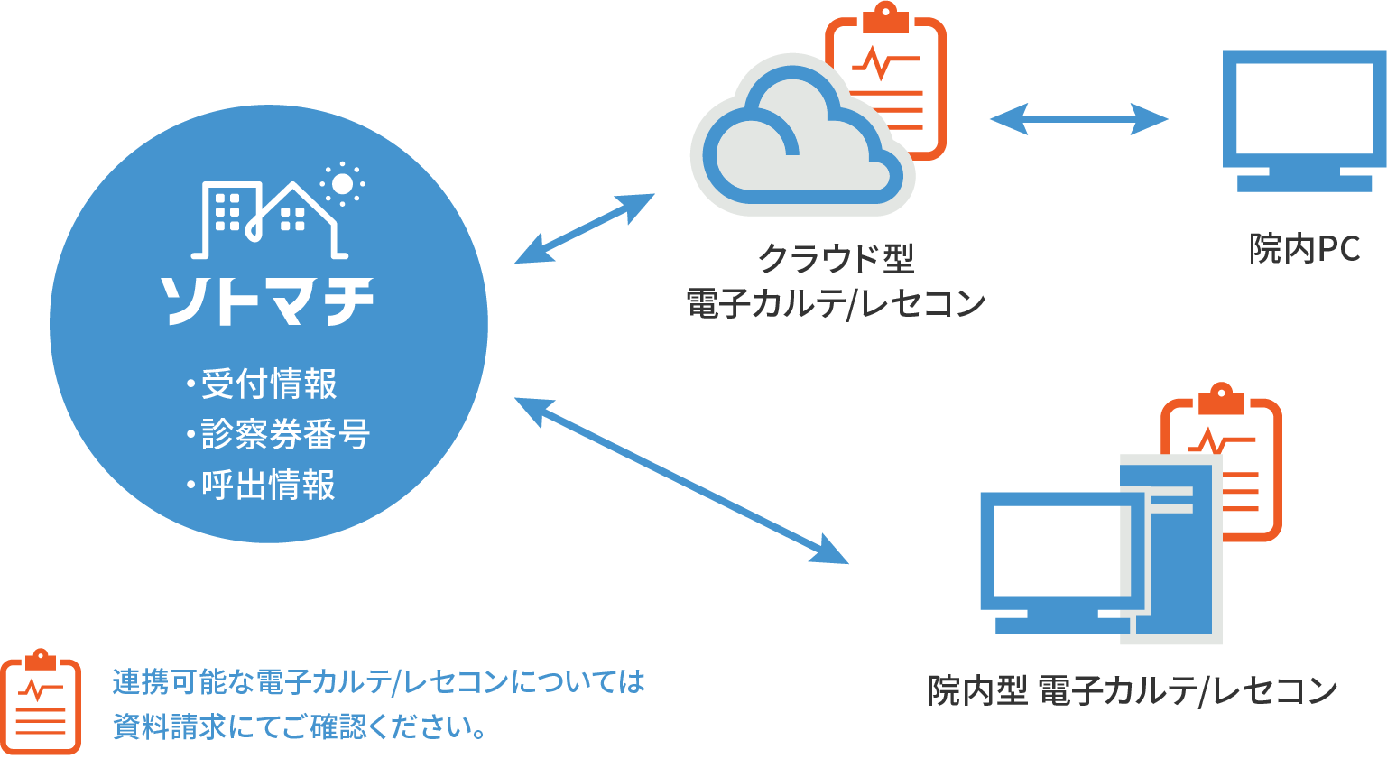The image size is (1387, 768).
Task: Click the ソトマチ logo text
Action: (x=267, y=300)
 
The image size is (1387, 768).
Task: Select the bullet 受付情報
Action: (x=268, y=384)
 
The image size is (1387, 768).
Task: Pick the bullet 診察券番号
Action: (x=284, y=434)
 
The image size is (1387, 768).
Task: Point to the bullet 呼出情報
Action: (x=268, y=485)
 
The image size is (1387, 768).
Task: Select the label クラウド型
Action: (x=836, y=258)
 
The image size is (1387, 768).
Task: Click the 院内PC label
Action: (x=1304, y=248)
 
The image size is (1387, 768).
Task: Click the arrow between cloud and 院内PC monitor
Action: (x=1078, y=118)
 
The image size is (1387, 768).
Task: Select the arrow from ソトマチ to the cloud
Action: (x=585, y=228)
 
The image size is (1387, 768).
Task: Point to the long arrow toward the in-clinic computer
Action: (x=681, y=479)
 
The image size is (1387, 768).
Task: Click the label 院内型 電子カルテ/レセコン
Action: (x=1133, y=691)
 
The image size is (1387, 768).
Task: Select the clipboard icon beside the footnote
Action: (x=41, y=702)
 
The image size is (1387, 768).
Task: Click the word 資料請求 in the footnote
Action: (x=170, y=727)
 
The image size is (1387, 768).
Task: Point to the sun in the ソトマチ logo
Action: (x=342, y=184)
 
